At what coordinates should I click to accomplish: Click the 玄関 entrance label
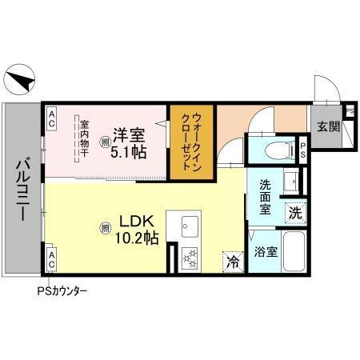click(326, 126)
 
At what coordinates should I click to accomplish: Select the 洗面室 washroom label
click(266, 196)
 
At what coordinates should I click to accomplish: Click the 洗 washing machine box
click(295, 213)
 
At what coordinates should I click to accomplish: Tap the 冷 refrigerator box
click(233, 261)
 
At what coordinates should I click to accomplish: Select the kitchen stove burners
click(191, 258)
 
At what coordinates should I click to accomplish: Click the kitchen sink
click(192, 225)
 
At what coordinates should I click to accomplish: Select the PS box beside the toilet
click(303, 149)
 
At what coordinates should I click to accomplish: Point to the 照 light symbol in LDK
click(105, 228)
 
